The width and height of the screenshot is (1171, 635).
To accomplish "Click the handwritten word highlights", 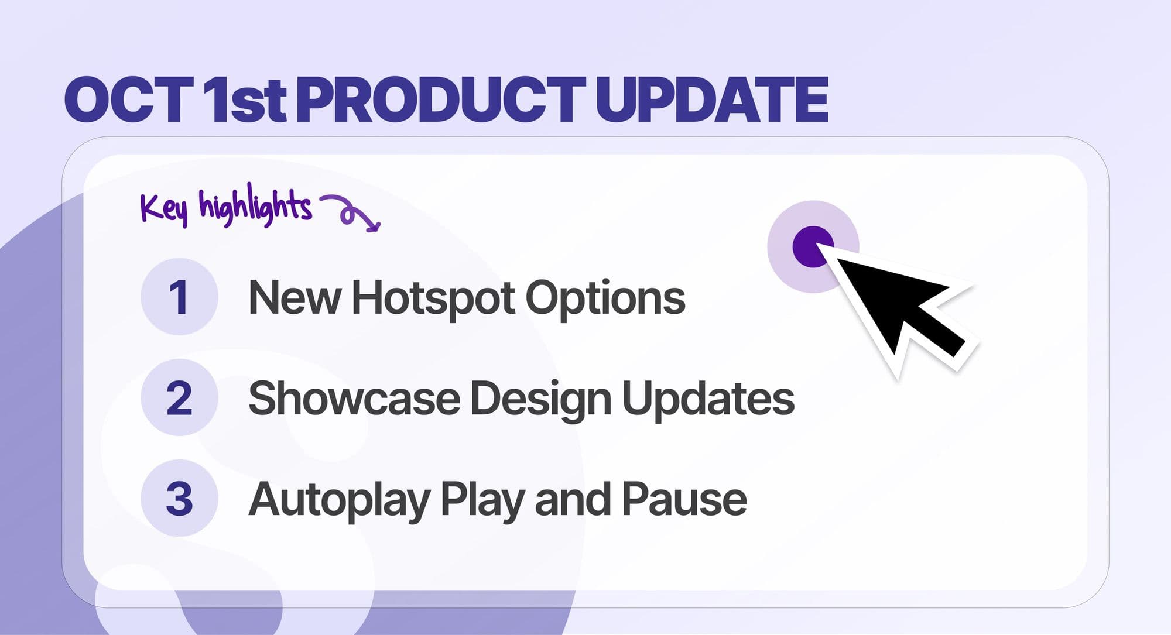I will pyautogui.click(x=255, y=207).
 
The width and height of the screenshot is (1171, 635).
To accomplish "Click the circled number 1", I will pyautogui.click(x=179, y=297).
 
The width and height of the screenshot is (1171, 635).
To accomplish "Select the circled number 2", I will pyautogui.click(x=179, y=398).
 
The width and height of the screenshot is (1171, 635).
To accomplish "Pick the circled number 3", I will pyautogui.click(x=179, y=499).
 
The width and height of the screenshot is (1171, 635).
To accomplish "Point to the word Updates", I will pyautogui.click(x=708, y=399).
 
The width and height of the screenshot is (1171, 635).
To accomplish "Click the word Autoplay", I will pyautogui.click(x=339, y=501).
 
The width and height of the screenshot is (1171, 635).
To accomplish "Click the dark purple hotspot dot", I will pyautogui.click(x=812, y=246).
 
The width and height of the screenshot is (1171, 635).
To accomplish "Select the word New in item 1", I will pyautogui.click(x=295, y=298).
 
